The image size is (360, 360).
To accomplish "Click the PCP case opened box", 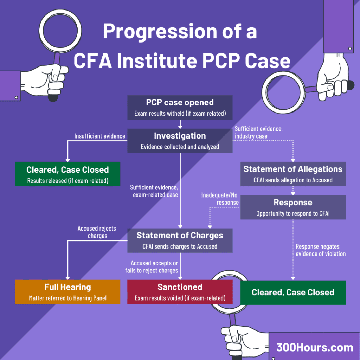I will [180, 107].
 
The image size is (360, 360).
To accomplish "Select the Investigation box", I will [180, 141].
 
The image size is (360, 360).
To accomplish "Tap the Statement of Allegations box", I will [293, 174].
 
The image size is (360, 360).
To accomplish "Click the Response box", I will [293, 207].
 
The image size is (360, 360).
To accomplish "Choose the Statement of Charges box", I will [180, 240].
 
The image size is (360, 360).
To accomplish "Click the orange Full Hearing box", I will [67, 292].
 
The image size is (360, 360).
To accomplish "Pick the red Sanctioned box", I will [180, 292].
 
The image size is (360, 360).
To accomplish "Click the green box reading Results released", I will [67, 174].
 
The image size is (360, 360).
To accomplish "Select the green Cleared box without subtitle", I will [293, 292].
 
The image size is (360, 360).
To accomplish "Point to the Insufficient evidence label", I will [99, 136].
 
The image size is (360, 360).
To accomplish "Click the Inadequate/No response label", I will [220, 199].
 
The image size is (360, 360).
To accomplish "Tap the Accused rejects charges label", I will [97, 232].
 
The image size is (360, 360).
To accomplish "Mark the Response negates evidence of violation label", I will [320, 250].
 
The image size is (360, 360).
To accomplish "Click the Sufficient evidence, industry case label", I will [258, 133].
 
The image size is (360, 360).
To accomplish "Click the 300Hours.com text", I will [314, 347].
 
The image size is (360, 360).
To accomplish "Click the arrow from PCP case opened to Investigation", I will [180, 124].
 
